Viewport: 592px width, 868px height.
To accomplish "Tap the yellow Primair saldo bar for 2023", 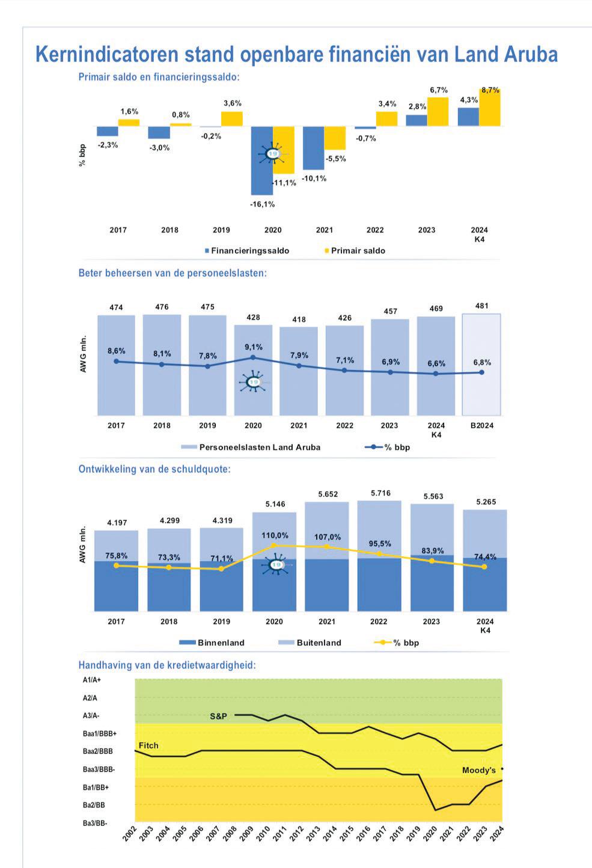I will pos(438,112).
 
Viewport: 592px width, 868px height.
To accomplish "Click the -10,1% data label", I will pos(314,178).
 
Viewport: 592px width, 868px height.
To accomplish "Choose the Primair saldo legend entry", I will pos(358,250).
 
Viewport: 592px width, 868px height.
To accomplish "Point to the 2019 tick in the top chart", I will pos(221,230).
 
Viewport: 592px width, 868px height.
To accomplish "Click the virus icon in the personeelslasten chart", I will pos(254,383).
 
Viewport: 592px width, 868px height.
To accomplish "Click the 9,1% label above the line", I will pos(253,347).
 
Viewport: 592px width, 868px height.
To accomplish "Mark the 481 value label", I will pos(481,306).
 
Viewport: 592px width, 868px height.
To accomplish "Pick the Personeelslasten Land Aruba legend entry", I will pos(260,447).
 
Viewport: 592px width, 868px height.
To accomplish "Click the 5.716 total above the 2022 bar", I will pos(380,493).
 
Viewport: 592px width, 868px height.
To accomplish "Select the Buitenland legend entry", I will pos(319,643).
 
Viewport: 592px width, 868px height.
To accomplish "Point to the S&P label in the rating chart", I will pos(219,716).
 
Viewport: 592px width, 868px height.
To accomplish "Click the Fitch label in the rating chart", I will pos(148,745).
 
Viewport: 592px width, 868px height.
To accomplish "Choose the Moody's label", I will pos(479,770).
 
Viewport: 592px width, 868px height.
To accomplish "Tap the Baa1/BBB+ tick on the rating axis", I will pos(100,733).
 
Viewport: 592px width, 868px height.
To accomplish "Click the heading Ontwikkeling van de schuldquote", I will pos(154,469).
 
